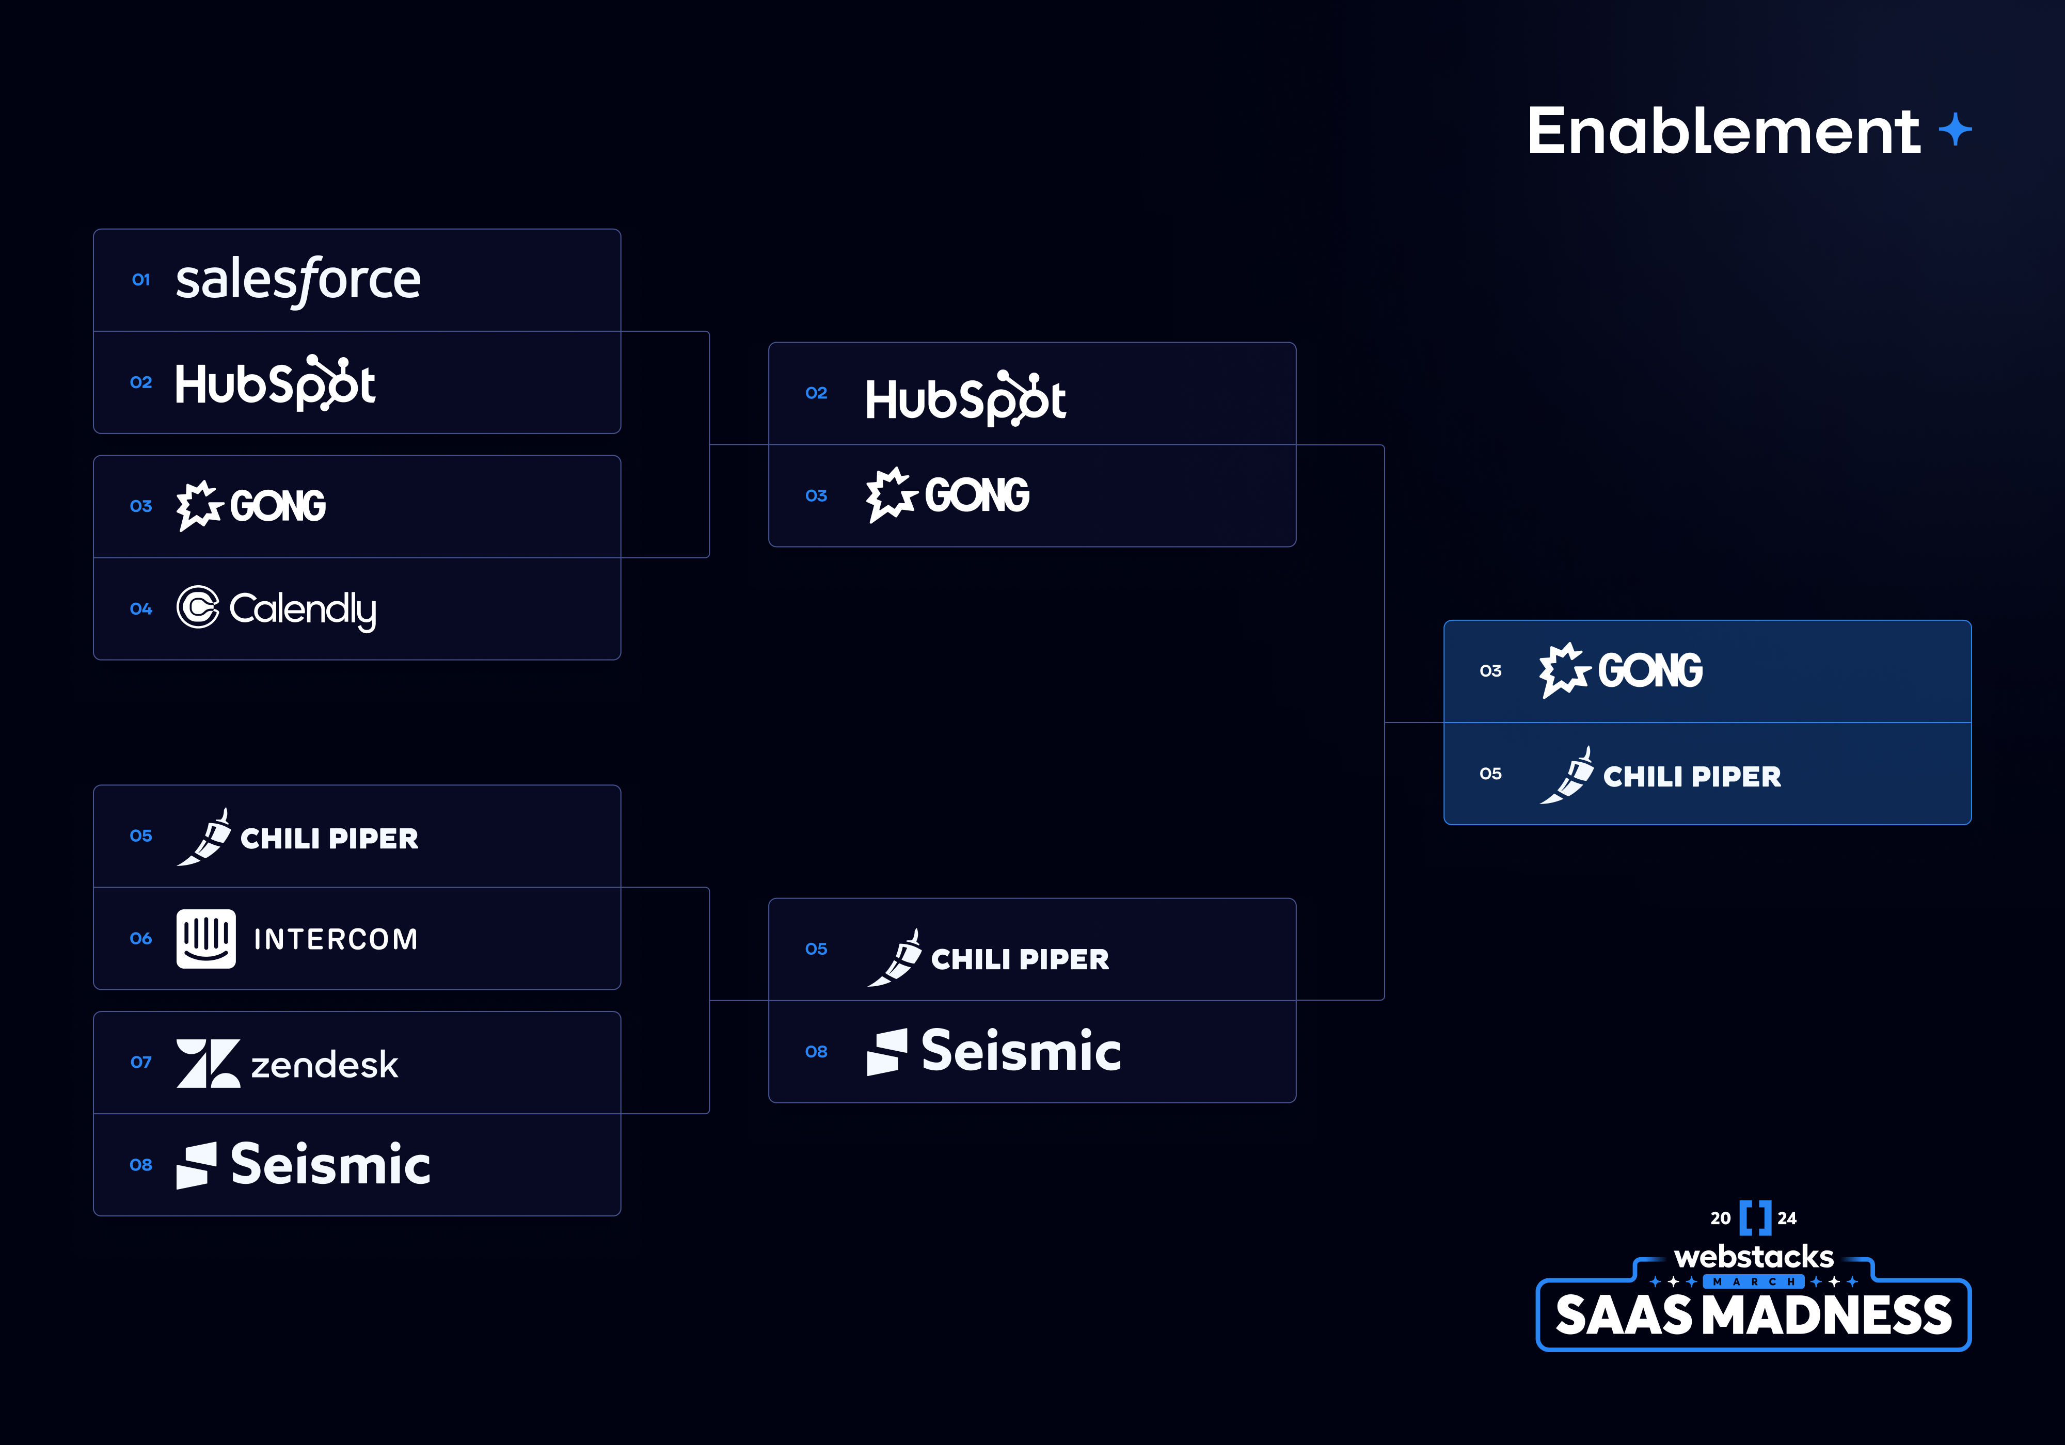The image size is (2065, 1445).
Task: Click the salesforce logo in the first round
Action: click(298, 280)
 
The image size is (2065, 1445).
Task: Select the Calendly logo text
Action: click(303, 609)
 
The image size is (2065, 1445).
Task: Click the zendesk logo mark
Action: click(208, 1064)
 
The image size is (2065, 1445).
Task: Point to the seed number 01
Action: click(141, 280)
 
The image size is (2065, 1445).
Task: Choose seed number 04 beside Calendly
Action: click(141, 609)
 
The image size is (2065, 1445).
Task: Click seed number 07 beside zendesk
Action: click(141, 1062)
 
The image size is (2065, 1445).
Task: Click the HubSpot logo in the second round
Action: click(965, 398)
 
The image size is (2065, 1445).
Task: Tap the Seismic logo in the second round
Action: click(994, 1051)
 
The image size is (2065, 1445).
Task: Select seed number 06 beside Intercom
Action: click(141, 938)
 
